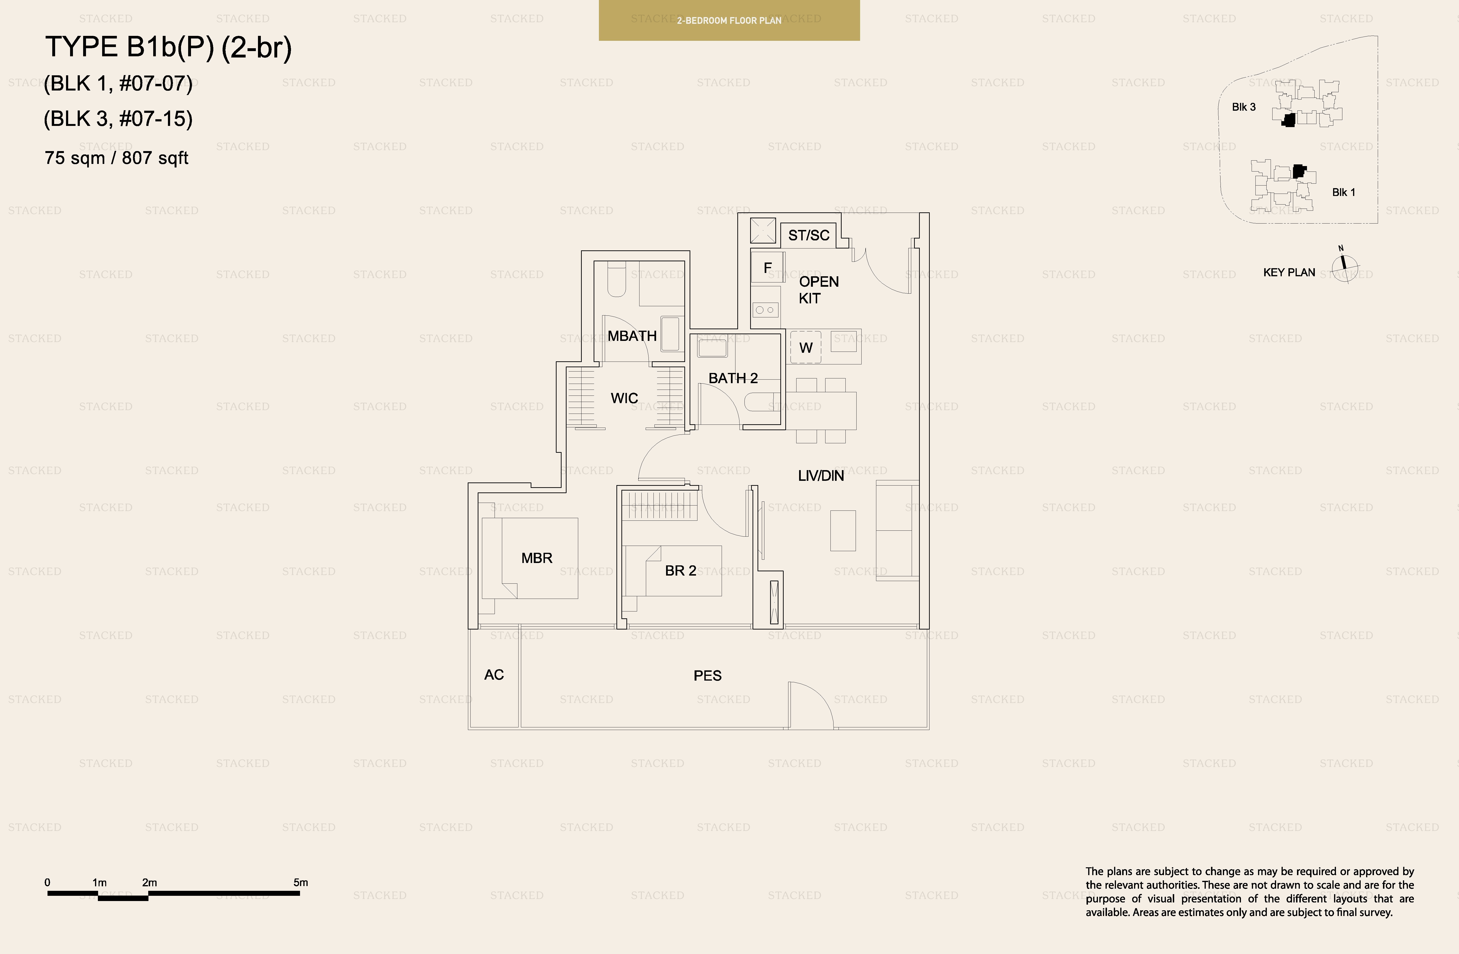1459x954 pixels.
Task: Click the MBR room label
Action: pyautogui.click(x=536, y=558)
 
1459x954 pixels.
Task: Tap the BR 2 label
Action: pyautogui.click(x=681, y=571)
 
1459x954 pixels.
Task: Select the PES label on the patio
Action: pyautogui.click(x=707, y=676)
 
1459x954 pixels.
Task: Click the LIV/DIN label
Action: pyautogui.click(x=821, y=476)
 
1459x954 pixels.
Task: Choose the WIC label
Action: pyautogui.click(x=624, y=399)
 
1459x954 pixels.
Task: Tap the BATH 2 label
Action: pyautogui.click(x=733, y=378)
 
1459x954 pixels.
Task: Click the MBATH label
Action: pyautogui.click(x=632, y=336)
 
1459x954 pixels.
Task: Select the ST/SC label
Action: pyautogui.click(x=809, y=235)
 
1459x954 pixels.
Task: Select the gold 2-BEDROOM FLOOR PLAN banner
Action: pyautogui.click(x=729, y=20)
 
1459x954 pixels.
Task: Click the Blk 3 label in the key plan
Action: pyautogui.click(x=1244, y=107)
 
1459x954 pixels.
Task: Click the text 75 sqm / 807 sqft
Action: pyautogui.click(x=116, y=158)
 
